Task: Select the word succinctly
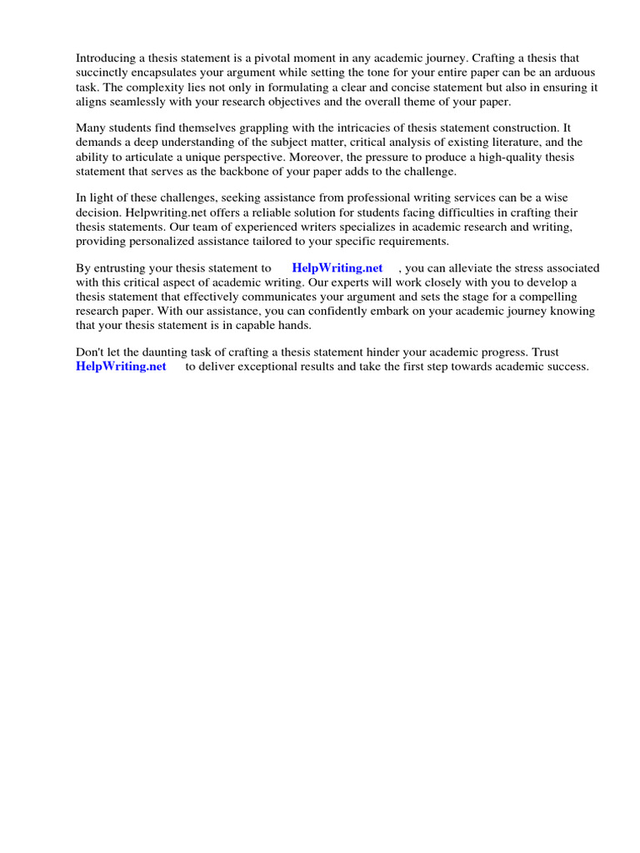click(104, 72)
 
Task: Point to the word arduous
click(573, 72)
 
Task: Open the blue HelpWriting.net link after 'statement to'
click(337, 268)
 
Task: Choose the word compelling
click(564, 297)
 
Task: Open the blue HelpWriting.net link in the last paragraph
click(121, 367)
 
